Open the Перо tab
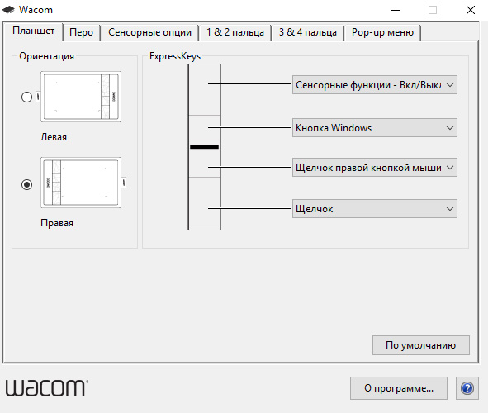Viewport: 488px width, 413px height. point(81,32)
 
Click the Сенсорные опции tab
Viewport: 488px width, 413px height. point(149,32)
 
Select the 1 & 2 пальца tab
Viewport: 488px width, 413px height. point(235,32)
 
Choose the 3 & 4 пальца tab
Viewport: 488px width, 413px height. point(307,32)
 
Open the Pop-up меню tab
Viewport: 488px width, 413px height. point(382,32)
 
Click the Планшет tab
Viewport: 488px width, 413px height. point(33,31)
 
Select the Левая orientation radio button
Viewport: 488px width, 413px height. point(26,97)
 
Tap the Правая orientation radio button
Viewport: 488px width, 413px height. point(26,184)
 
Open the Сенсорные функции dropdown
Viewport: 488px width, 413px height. point(374,84)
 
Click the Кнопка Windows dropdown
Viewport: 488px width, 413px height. point(374,127)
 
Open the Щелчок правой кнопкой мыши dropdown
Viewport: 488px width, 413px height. point(374,168)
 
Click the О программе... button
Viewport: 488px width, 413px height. point(399,388)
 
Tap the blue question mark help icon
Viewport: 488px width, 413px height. point(467,388)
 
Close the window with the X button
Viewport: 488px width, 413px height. point(471,10)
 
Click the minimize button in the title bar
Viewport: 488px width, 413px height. point(396,10)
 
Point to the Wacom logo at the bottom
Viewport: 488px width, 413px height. point(47,388)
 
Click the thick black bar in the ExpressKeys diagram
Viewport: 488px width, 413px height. point(204,147)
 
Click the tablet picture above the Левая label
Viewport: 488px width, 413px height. point(81,97)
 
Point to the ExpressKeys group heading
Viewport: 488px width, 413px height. point(175,56)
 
